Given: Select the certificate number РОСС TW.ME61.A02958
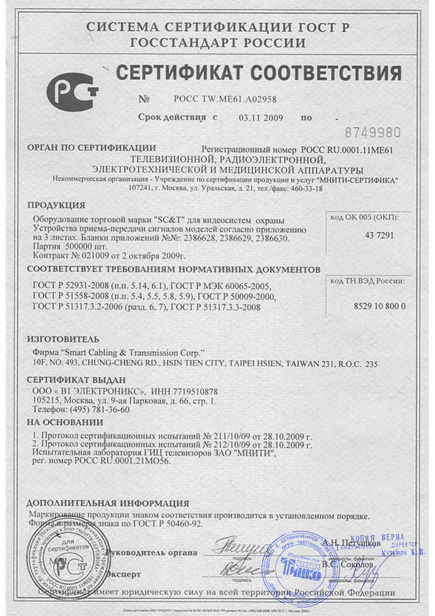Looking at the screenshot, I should (225, 99).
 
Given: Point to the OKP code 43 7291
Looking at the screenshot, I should (379, 236).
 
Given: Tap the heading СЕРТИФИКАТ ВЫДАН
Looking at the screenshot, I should (77, 380).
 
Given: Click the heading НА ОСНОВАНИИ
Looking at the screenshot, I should (64, 422).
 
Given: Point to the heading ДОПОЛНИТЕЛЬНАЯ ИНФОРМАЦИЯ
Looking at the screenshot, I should (107, 503).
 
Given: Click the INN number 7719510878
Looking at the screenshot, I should (192, 391).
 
